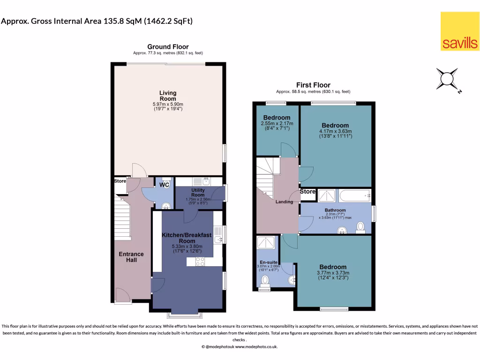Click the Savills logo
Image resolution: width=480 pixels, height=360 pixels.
coord(460,31)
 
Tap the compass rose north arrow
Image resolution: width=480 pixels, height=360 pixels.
coord(447,78)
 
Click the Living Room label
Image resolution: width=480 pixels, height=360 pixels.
coord(168,96)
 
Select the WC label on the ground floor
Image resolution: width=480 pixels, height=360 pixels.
coord(164,185)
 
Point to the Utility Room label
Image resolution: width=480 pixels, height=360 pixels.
coord(198,192)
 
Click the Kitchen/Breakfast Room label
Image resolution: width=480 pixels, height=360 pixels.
coord(187,238)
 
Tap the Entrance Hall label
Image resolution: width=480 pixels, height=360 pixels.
coord(131,257)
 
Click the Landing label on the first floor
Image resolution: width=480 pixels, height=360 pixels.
coord(284,202)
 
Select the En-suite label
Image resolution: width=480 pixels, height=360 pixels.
coord(267,262)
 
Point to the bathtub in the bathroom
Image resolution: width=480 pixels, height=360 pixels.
coord(355,195)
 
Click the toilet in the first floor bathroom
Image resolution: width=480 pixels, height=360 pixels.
coord(360,227)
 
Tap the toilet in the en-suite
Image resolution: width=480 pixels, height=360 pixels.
coord(265,280)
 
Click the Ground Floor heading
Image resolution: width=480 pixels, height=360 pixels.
coord(168,47)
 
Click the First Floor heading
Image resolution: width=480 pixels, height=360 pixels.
coord(313,85)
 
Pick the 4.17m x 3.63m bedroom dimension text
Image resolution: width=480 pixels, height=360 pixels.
coord(335,131)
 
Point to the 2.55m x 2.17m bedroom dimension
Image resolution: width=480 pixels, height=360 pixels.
coord(277,123)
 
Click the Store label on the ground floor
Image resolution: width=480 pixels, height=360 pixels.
coord(120,181)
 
